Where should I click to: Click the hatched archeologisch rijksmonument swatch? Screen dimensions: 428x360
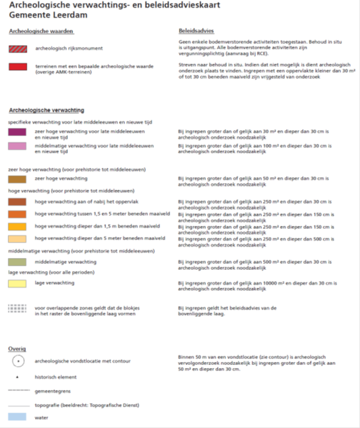click(17, 48)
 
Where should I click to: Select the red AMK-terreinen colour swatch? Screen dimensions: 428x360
click(17, 67)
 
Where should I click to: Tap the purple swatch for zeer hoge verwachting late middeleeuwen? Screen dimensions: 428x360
click(17, 133)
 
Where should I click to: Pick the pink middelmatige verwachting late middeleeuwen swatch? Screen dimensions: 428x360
click(17, 146)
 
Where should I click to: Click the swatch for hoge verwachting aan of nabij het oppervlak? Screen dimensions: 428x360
click(17, 202)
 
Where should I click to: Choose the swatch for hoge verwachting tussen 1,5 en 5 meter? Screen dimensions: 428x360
click(17, 214)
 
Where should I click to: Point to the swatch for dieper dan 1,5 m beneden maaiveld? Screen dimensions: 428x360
click(17, 226)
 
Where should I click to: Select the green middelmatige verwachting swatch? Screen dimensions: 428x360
click(17, 262)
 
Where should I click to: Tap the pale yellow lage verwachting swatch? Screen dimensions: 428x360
click(17, 284)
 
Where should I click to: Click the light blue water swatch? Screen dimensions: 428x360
click(17, 418)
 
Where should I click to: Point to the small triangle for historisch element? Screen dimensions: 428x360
click(17, 377)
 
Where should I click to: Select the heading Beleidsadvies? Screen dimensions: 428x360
click(196, 30)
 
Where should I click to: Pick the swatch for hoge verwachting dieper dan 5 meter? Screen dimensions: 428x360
click(17, 239)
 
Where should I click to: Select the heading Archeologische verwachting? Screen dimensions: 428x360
click(46, 110)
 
